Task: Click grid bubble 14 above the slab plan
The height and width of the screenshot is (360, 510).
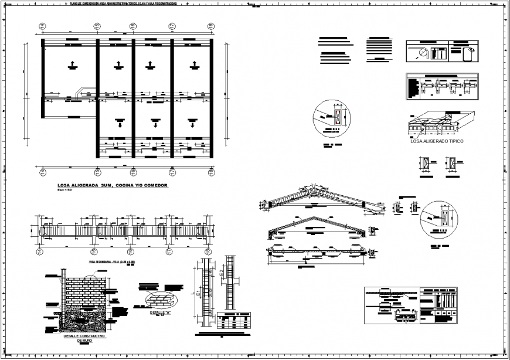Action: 43,26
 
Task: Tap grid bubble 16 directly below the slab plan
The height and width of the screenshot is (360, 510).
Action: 133,172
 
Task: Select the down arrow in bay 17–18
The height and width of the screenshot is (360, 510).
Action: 192,124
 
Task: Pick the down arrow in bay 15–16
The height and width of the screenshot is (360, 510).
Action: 120,124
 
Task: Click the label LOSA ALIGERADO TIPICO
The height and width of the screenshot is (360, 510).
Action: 437,141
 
